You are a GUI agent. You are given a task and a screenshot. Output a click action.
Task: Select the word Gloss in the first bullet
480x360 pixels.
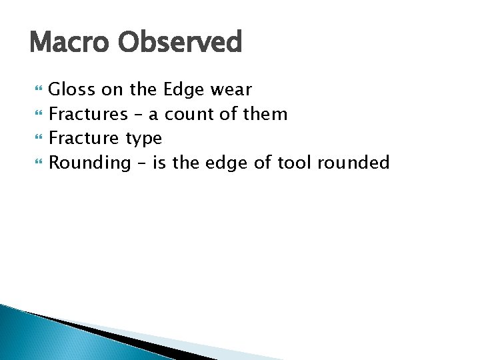72,89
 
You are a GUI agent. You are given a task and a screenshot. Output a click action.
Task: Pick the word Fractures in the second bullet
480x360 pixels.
88,114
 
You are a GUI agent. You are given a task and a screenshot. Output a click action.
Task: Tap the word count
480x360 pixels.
187,114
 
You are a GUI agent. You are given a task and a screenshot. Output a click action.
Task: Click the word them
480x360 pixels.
265,114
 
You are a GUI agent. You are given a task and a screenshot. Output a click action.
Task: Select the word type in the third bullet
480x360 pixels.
143,139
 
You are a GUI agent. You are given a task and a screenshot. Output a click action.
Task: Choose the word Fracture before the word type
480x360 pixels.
85,139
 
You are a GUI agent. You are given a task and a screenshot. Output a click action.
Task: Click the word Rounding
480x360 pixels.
90,163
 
